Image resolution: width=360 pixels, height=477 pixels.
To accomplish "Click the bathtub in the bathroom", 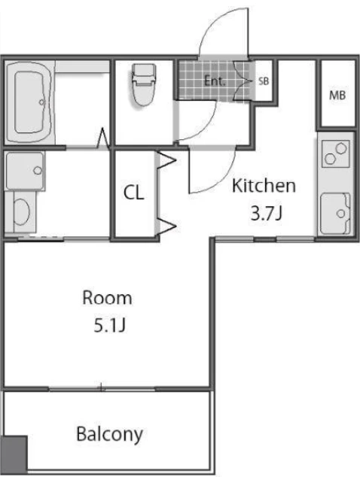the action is click(29, 102).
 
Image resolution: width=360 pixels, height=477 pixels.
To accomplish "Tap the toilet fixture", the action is click(144, 84).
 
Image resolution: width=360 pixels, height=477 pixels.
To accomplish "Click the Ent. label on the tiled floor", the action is click(215, 81).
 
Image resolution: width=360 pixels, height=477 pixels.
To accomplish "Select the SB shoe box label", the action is click(264, 81).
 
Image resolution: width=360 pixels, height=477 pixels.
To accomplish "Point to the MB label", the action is click(337, 96).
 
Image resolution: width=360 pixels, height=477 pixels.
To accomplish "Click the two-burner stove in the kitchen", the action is click(336, 153).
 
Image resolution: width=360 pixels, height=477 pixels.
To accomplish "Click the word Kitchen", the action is click(264, 186).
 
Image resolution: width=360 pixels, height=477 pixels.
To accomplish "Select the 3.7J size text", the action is click(266, 213).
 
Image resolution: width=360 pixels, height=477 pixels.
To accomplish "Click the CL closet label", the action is click(134, 193).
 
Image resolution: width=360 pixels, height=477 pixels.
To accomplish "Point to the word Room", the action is click(107, 298).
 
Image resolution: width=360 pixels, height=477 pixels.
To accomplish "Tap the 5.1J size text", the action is click(109, 326).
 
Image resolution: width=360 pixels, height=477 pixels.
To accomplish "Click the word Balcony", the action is click(109, 434).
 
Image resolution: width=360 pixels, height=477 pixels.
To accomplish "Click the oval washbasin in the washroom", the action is click(22, 212).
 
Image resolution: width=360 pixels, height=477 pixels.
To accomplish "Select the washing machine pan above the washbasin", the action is click(25, 171).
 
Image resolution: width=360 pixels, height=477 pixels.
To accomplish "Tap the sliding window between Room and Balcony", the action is click(102, 388).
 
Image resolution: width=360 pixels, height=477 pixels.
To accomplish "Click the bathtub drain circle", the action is click(42, 102).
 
